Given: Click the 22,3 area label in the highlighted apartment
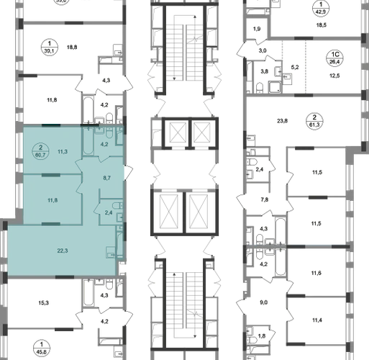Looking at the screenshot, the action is coord(63,251).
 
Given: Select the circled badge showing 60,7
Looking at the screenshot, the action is coord(40,151).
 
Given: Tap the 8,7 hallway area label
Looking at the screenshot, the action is coord(106,178).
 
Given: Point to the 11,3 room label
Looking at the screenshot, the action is coord(63,151).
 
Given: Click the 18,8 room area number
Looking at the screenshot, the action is coord(72,48).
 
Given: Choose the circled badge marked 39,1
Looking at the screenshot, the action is coord(50,48).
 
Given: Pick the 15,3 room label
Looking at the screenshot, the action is coord(43,303).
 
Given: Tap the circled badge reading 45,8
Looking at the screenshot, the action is coord(42,348).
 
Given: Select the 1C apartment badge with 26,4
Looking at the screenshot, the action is coord(334,58).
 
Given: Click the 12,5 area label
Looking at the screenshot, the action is coord(334,76).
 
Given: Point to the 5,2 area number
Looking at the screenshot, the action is coord(295,68).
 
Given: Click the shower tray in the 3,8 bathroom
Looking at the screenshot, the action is coord(275,87).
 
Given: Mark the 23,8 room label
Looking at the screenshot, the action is coord(282,121).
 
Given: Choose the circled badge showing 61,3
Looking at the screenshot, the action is coord(314,122).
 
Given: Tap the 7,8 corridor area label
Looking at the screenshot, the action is coord(265,199).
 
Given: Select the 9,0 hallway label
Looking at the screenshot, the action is coord(263,302).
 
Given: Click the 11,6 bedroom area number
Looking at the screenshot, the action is coord(316,273).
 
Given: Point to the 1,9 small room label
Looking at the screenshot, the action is coord(257,29).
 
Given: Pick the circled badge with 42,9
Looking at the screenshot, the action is coord(321,8).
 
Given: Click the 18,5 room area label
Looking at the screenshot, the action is coord(322,25).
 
